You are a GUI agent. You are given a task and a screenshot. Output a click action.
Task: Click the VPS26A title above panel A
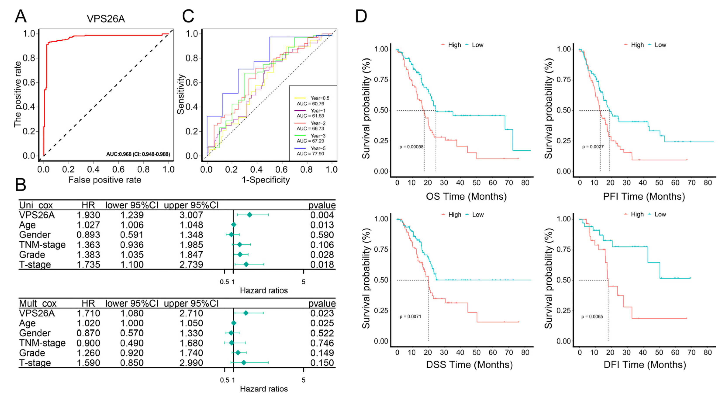(x=105, y=19)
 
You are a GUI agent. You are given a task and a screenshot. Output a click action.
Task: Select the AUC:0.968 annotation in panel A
(x=138, y=154)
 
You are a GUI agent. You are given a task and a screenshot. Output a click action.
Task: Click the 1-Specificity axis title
(x=265, y=180)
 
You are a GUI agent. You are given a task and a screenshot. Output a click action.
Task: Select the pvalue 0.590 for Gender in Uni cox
(x=322, y=235)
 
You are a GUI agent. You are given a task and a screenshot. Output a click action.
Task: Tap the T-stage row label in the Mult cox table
(x=35, y=363)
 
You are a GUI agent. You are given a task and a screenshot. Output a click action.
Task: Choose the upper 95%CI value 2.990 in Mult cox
(x=191, y=363)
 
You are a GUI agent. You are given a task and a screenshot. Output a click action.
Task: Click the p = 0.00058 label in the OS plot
(x=411, y=147)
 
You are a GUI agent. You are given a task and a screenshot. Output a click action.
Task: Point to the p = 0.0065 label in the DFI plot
(x=592, y=317)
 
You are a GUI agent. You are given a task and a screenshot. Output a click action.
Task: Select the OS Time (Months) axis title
(x=466, y=196)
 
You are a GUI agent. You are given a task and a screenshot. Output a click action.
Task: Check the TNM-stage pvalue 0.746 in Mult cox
(x=322, y=343)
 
